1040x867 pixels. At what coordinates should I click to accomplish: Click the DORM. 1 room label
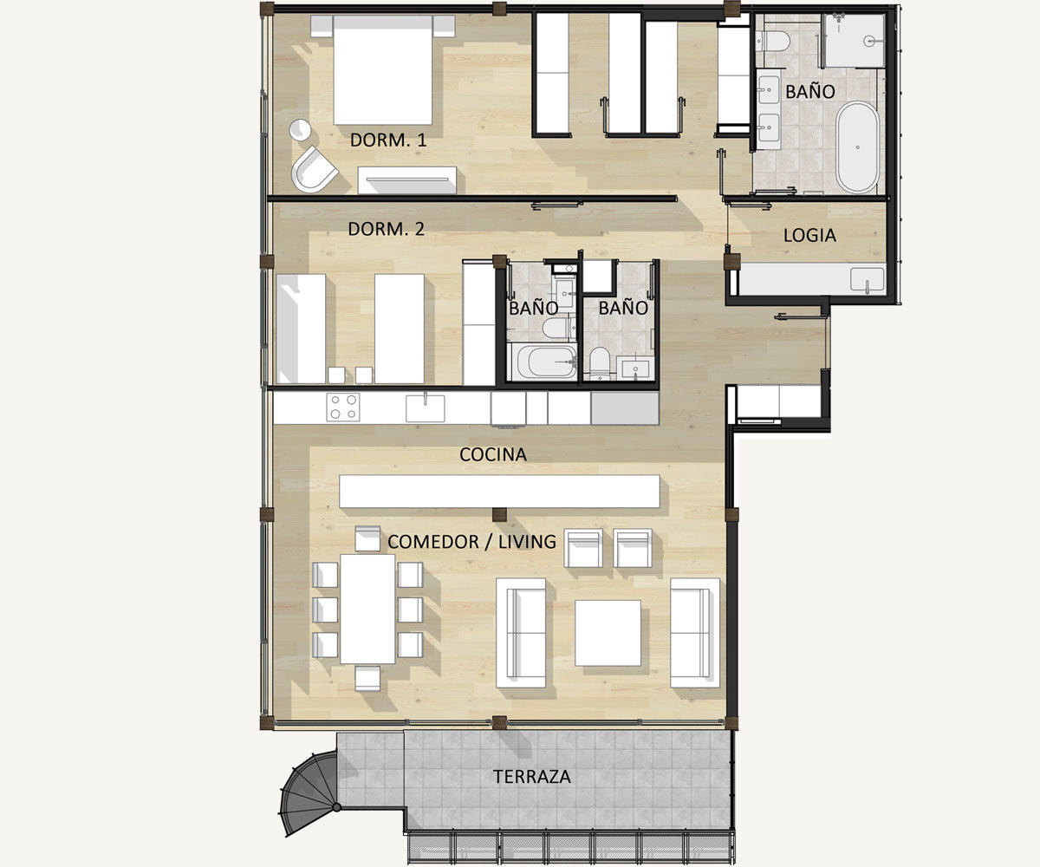coord(388,140)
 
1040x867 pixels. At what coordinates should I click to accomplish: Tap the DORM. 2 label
coord(386,229)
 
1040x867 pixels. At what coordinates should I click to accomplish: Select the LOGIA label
coord(809,236)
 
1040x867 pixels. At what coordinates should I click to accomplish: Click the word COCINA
coord(492,454)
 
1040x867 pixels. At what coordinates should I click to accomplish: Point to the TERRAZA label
coord(532,776)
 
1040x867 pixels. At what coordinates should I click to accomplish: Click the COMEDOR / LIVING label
coord(471,542)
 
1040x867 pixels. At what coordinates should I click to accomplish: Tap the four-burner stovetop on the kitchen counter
coord(343,407)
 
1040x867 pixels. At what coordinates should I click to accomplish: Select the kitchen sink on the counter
coord(425,408)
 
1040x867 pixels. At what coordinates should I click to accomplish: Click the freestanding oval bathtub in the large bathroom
coord(857,147)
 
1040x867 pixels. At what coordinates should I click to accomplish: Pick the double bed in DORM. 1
coord(382,69)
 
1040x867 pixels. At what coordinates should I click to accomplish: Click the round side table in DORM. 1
coord(301,129)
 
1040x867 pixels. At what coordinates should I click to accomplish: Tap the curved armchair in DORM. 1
coord(315,169)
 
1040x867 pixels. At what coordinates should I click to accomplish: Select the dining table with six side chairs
coord(367,610)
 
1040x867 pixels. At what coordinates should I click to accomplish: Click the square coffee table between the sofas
coord(608,633)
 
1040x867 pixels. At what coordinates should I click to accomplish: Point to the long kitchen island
coord(499,492)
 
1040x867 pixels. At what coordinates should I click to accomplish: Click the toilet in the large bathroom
coord(772,41)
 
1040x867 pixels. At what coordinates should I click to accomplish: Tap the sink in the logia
coord(868,279)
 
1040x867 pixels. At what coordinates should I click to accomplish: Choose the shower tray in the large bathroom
coord(853,41)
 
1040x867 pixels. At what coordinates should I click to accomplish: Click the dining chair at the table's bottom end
coord(367,678)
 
